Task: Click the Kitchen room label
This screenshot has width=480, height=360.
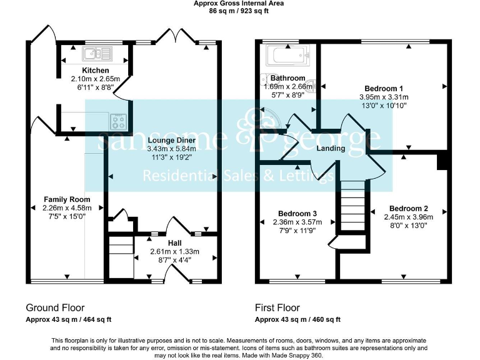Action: [95, 70]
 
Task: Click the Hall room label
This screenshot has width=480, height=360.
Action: [174, 242]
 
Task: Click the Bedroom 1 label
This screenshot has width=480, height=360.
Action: [383, 88]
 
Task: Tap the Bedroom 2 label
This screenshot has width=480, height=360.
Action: [408, 208]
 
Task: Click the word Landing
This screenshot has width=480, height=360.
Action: [331, 149]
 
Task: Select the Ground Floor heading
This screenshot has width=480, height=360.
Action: [55, 307]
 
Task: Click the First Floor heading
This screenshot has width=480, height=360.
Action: [277, 307]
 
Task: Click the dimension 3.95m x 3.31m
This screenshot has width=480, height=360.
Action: [383, 97]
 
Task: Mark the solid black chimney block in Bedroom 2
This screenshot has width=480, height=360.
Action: [442, 161]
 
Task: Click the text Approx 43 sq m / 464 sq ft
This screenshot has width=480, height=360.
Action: [68, 319]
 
